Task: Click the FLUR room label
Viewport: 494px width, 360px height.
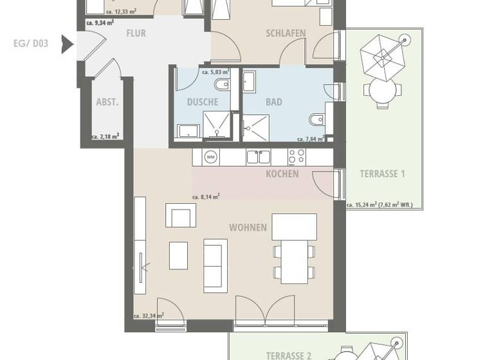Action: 136,33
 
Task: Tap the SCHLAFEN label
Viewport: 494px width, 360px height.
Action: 286,33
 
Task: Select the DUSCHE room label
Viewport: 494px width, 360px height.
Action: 202,102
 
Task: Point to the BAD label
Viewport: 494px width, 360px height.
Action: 274,102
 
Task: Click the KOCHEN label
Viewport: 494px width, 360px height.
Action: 282,174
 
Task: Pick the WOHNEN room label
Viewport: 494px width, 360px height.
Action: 248,228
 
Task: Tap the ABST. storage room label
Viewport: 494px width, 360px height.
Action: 107,102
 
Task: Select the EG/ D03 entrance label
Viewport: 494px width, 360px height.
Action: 31,44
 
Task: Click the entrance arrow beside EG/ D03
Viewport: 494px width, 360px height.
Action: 66,44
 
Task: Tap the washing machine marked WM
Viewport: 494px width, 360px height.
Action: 210,156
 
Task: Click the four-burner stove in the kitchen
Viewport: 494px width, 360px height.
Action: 297,156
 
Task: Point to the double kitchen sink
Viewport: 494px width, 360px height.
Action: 258,156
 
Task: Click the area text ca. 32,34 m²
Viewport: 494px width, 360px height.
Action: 149,316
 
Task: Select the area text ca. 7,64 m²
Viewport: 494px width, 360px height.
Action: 309,139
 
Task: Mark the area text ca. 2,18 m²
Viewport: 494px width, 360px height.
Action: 106,136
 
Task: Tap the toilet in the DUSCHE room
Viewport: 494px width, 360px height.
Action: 221,85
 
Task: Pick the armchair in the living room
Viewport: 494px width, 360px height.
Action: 180,215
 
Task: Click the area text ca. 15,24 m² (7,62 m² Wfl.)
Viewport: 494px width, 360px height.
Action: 380,206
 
